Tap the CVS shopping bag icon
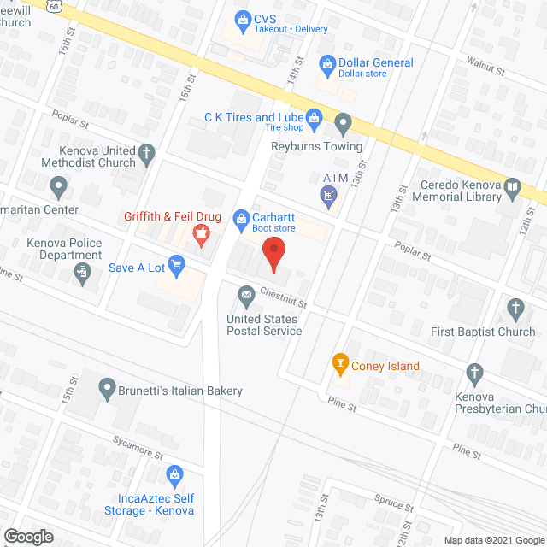tap(244, 17)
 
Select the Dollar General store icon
tap(326, 63)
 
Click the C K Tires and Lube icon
tap(315, 116)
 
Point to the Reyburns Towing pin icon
tap(343, 125)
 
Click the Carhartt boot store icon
tap(241, 219)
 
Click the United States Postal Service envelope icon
tap(246, 297)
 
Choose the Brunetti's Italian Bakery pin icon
tap(107, 390)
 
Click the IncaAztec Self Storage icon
tap(175, 473)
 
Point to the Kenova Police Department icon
tap(82, 273)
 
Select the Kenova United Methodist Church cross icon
tap(147, 155)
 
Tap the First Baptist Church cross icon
tap(515, 308)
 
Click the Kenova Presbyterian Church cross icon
tap(475, 372)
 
